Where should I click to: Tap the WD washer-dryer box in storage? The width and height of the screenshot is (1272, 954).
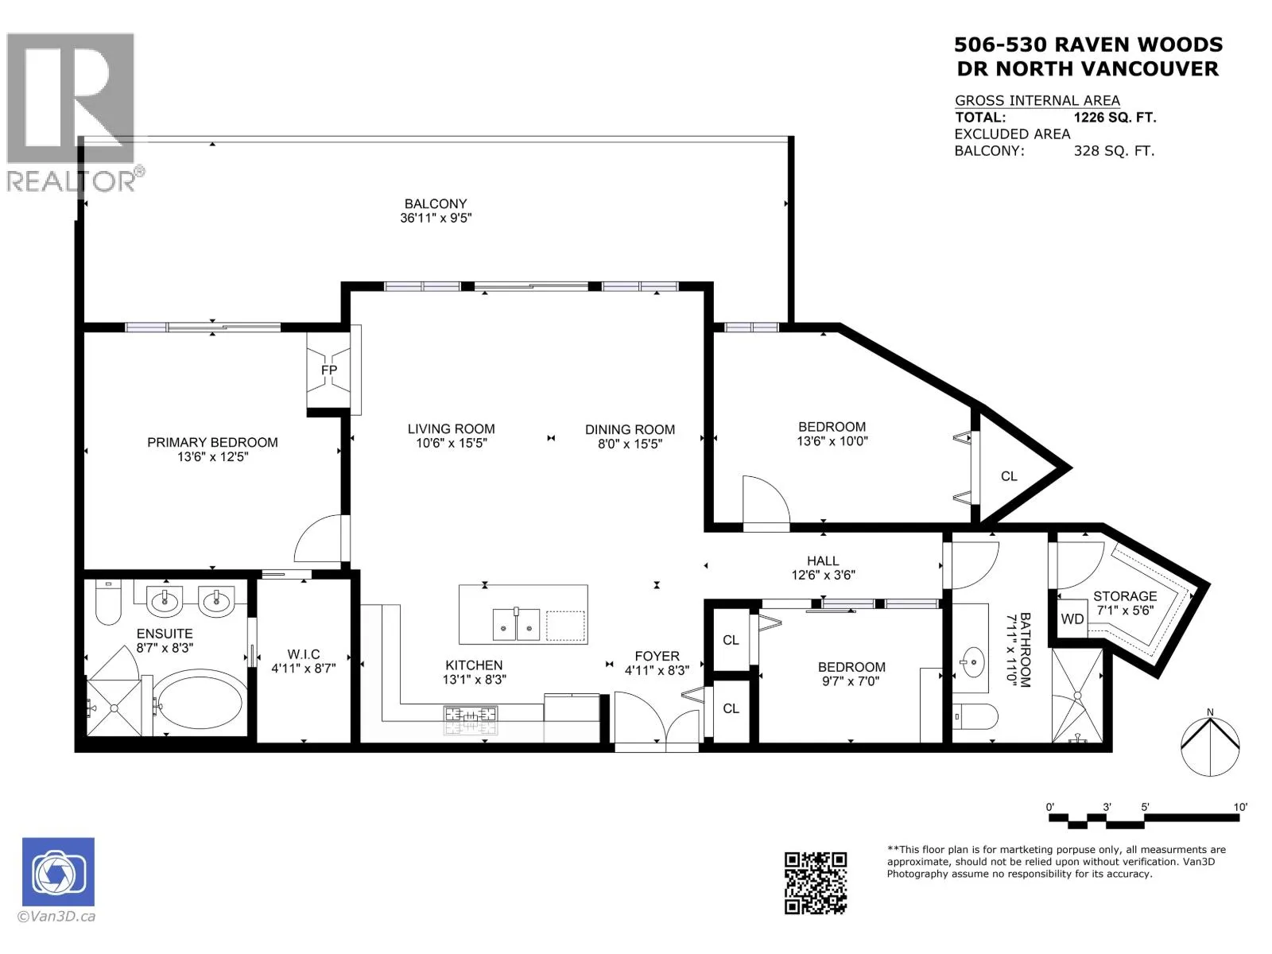pyautogui.click(x=1072, y=619)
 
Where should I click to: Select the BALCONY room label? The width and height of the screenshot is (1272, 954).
pyautogui.click(x=435, y=204)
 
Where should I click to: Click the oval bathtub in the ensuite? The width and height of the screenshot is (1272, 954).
pyautogui.click(x=199, y=703)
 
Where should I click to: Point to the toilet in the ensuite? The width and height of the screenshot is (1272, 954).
pyautogui.click(x=108, y=603)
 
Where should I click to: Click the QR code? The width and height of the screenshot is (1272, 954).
pyautogui.click(x=816, y=883)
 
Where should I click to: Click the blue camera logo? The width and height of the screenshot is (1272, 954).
pyautogui.click(x=58, y=872)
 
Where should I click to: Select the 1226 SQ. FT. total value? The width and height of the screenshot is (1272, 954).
pyautogui.click(x=1115, y=118)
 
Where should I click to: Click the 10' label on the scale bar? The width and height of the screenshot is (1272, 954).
pyautogui.click(x=1239, y=807)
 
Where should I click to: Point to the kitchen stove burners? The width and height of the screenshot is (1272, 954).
pyautogui.click(x=471, y=716)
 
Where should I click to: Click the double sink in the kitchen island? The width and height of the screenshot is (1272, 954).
pyautogui.click(x=516, y=624)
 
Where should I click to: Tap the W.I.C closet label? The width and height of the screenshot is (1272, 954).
pyautogui.click(x=304, y=654)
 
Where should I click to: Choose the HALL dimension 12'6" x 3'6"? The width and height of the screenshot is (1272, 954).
pyautogui.click(x=823, y=575)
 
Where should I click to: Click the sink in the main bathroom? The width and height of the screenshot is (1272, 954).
pyautogui.click(x=971, y=661)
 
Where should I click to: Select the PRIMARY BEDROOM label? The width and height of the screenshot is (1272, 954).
pyautogui.click(x=213, y=443)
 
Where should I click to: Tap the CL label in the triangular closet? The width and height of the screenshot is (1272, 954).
pyautogui.click(x=1009, y=476)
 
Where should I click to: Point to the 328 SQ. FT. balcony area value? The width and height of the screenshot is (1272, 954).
pyautogui.click(x=1114, y=151)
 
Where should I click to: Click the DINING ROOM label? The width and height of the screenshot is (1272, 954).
pyautogui.click(x=630, y=430)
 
